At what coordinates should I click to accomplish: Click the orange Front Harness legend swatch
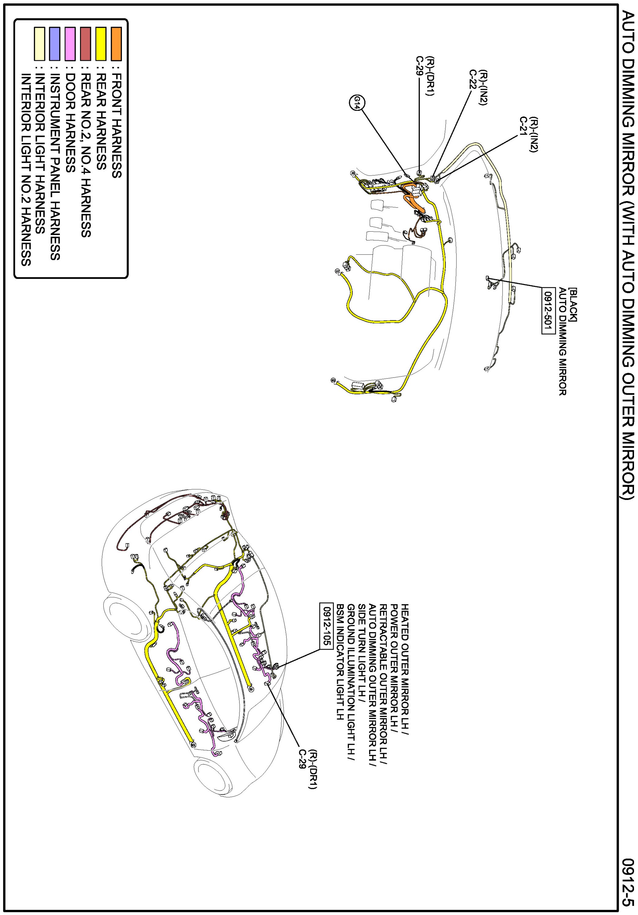(116, 44)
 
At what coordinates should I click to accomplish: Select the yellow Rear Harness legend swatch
(101, 44)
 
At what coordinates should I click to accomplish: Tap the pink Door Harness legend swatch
(70, 44)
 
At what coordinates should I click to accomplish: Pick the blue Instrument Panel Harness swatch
(55, 44)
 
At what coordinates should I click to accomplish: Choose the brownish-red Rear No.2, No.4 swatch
(86, 44)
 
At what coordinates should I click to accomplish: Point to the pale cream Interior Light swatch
(39, 44)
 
